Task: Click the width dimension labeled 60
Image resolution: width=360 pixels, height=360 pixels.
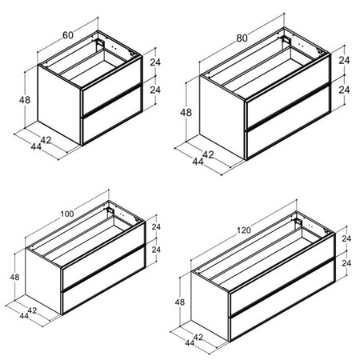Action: point(68,35)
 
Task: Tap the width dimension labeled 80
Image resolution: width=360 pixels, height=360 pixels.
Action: point(242,38)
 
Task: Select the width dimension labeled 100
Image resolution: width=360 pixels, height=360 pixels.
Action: point(67,214)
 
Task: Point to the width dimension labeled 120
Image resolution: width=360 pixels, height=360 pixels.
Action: point(244,230)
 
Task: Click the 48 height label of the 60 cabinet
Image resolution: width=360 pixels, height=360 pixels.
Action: point(25,100)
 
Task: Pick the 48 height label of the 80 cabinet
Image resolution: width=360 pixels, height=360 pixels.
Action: point(186,113)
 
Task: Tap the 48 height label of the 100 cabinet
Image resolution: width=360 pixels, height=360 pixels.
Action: point(15,278)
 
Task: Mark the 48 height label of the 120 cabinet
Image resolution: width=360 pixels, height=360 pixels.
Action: point(180,302)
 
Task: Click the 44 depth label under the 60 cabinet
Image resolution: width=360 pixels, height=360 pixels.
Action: point(36,146)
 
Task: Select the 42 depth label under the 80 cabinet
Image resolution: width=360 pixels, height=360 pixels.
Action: point(208,154)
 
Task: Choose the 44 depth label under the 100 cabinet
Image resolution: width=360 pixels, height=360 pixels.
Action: point(24,316)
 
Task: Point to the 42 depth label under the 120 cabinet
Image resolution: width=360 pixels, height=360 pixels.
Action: point(198,338)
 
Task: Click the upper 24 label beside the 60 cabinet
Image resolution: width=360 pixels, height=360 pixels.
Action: point(155,62)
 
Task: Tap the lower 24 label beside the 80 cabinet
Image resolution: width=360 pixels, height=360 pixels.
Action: point(344,90)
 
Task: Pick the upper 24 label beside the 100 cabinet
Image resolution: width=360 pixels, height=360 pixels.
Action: point(156,226)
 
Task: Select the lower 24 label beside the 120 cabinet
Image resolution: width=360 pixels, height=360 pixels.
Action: point(346,263)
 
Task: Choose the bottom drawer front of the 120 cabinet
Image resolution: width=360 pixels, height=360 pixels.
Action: point(282,299)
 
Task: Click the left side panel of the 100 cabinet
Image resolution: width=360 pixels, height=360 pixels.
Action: point(43,281)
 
